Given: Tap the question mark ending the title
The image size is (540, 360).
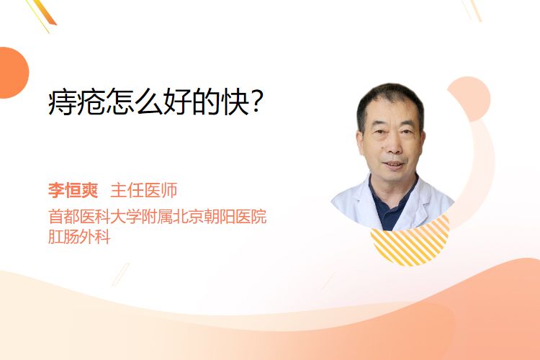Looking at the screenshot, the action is click(257, 102).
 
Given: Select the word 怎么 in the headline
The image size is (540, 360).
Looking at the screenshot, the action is click(134, 102).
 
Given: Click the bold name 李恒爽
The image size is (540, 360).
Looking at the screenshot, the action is click(73, 190).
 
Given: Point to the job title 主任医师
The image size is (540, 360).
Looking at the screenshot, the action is click(144, 190).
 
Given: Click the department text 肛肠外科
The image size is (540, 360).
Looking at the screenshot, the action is click(79, 237).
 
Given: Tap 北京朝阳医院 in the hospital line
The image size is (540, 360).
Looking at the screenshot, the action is click(220, 217).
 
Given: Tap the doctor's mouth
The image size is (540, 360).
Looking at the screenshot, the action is click(393, 164).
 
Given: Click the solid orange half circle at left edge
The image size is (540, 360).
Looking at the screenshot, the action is click(13, 73).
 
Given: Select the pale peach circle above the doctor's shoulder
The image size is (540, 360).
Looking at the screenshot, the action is click(472, 97).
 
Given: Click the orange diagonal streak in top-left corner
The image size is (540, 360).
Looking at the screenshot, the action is click(44, 13).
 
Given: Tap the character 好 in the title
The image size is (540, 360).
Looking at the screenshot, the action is click(177, 102).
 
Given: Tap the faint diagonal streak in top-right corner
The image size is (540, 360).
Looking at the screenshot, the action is click(472, 10).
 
